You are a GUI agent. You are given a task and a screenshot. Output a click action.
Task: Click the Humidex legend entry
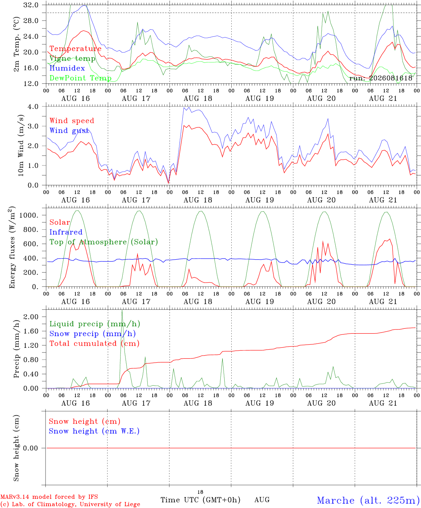click(67, 68)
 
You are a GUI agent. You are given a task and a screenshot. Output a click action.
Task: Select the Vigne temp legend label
click(73, 59)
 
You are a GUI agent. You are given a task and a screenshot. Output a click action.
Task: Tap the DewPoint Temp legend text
click(80, 78)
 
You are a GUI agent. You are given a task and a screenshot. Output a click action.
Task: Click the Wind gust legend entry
click(69, 131)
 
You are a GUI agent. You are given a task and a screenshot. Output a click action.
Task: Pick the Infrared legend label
click(66, 232)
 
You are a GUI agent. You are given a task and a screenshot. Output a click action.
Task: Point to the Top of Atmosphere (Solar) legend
click(104, 242)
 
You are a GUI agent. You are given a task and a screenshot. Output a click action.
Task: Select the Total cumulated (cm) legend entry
click(94, 344)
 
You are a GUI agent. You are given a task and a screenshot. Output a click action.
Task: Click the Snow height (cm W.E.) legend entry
click(94, 431)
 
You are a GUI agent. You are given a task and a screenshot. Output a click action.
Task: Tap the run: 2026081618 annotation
click(380, 78)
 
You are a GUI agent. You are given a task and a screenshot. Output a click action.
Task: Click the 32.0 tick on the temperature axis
click(31, 5)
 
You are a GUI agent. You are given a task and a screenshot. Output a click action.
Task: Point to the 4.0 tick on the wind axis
click(33, 107)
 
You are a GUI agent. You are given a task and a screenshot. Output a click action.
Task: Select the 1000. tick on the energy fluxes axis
click(29, 215)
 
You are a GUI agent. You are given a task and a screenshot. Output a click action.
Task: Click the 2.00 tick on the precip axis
click(31, 317)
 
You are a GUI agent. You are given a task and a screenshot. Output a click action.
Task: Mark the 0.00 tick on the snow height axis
click(30, 448)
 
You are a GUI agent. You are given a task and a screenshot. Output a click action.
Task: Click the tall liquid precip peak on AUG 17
click(122, 311)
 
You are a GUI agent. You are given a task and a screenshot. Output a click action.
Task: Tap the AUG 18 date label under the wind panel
click(198, 200)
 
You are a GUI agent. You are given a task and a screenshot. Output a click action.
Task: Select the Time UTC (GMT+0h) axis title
click(200, 500)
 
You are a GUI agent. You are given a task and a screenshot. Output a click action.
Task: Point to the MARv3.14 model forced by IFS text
click(49, 497)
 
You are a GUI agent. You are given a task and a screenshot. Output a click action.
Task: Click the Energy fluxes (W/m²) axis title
click(12, 247)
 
